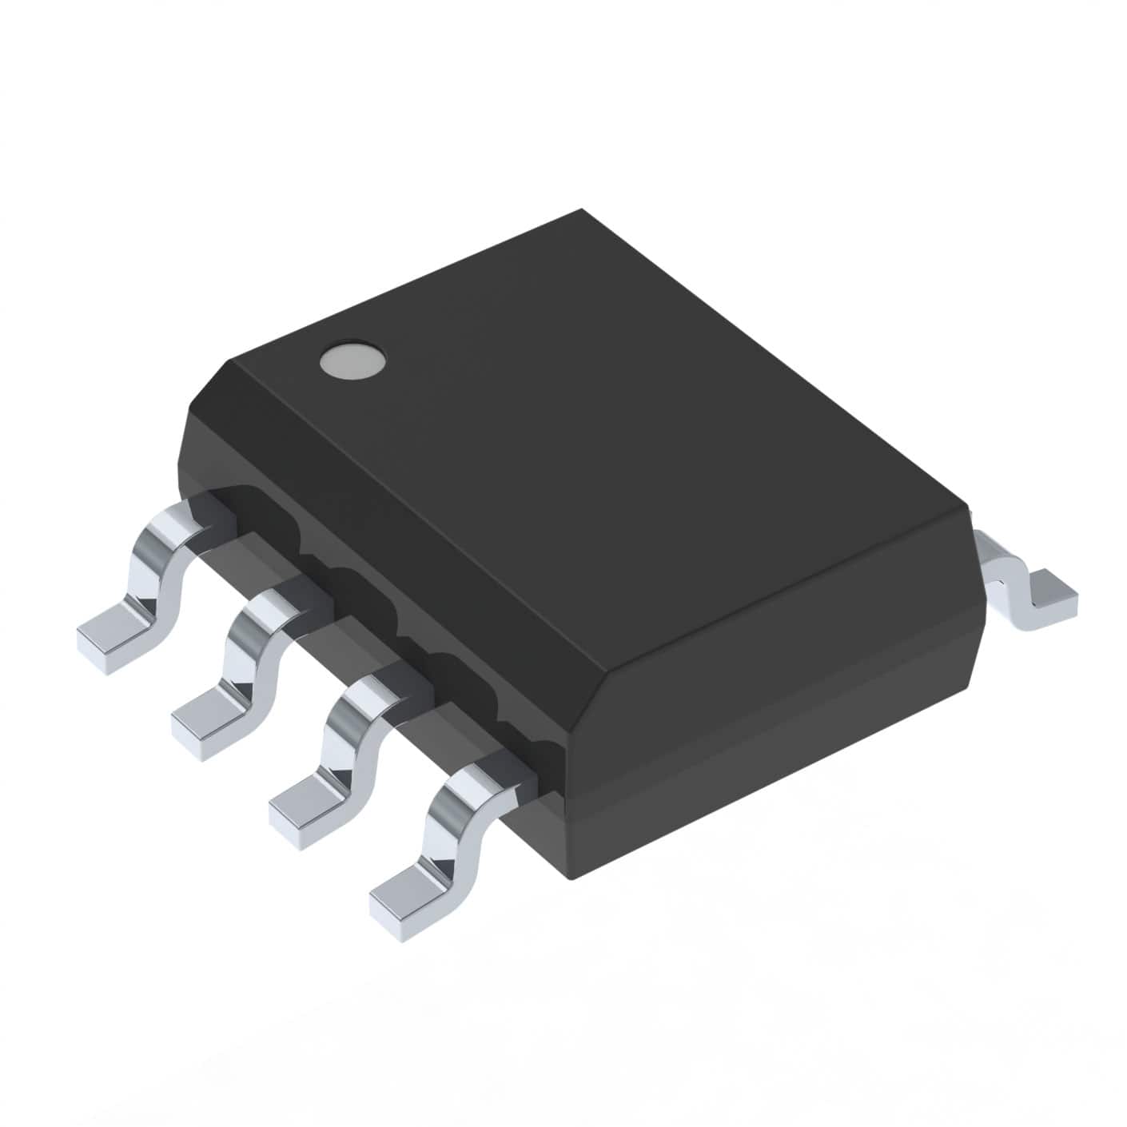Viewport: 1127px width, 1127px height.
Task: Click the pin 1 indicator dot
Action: [351, 360]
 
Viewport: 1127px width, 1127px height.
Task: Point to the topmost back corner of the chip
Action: [583, 211]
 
